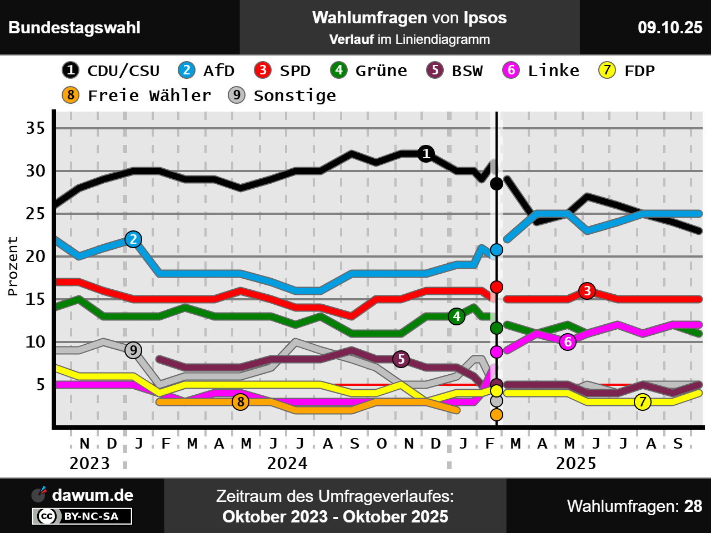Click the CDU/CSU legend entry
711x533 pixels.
pos(111,71)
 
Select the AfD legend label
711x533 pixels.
pos(207,71)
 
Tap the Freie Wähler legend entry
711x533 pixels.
pos(137,95)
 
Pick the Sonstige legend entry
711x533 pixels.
pos(282,95)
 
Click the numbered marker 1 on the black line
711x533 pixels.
pos(426,153)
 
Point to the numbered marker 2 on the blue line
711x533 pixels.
pos(133,239)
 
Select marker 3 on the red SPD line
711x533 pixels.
pos(587,290)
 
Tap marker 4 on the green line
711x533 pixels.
pos(457,316)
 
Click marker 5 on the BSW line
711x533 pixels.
pos(401,359)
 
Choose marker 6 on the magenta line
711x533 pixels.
pos(568,342)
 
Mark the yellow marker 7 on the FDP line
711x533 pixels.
pos(643,401)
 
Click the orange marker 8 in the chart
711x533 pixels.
pos(241,401)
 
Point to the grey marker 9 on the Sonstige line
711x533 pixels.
pos(133,350)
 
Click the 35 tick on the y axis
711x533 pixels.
pos(36,128)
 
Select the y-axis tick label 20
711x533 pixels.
pos(36,257)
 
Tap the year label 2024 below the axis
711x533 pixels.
pos(287,463)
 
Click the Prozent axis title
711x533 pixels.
pos(13,266)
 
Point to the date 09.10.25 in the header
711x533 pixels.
pos(670,27)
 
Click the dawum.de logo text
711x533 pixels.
pos(92,495)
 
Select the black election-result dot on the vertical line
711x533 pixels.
pos(497,183)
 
